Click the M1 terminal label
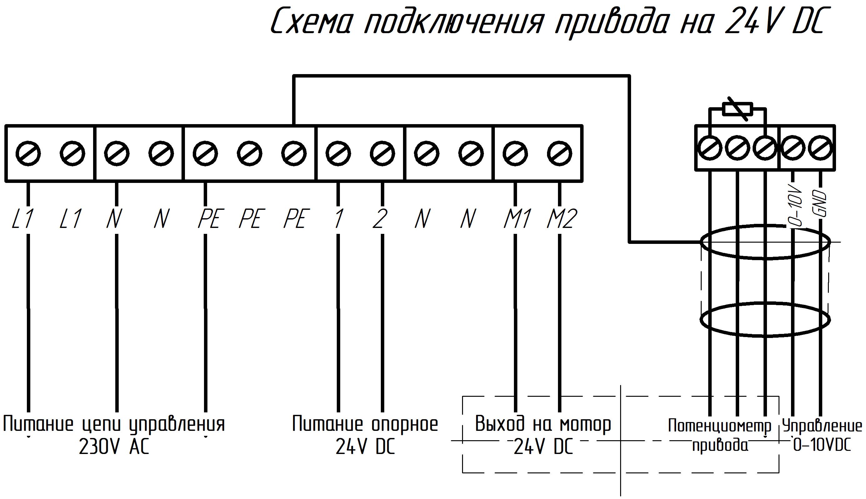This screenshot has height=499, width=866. click(517, 218)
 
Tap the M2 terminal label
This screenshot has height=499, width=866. click(562, 218)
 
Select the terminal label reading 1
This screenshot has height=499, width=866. click(339, 218)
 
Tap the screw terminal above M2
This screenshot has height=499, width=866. click(560, 153)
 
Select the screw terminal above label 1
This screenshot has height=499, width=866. click(338, 153)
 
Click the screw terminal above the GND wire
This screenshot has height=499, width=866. click(820, 149)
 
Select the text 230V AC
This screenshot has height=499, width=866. click(114, 446)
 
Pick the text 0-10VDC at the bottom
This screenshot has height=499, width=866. click(822, 446)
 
